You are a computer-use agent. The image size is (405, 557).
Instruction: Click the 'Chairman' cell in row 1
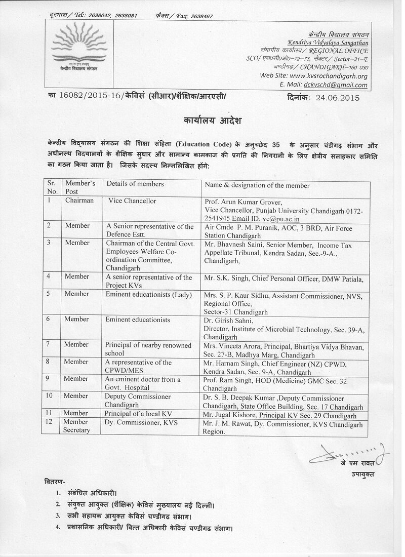tap(79, 201)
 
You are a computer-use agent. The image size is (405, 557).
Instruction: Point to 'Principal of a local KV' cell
tap(138, 414)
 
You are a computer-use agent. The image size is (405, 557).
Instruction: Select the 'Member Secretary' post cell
tap(77, 426)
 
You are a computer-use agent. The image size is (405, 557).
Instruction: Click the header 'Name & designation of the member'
tap(257, 185)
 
